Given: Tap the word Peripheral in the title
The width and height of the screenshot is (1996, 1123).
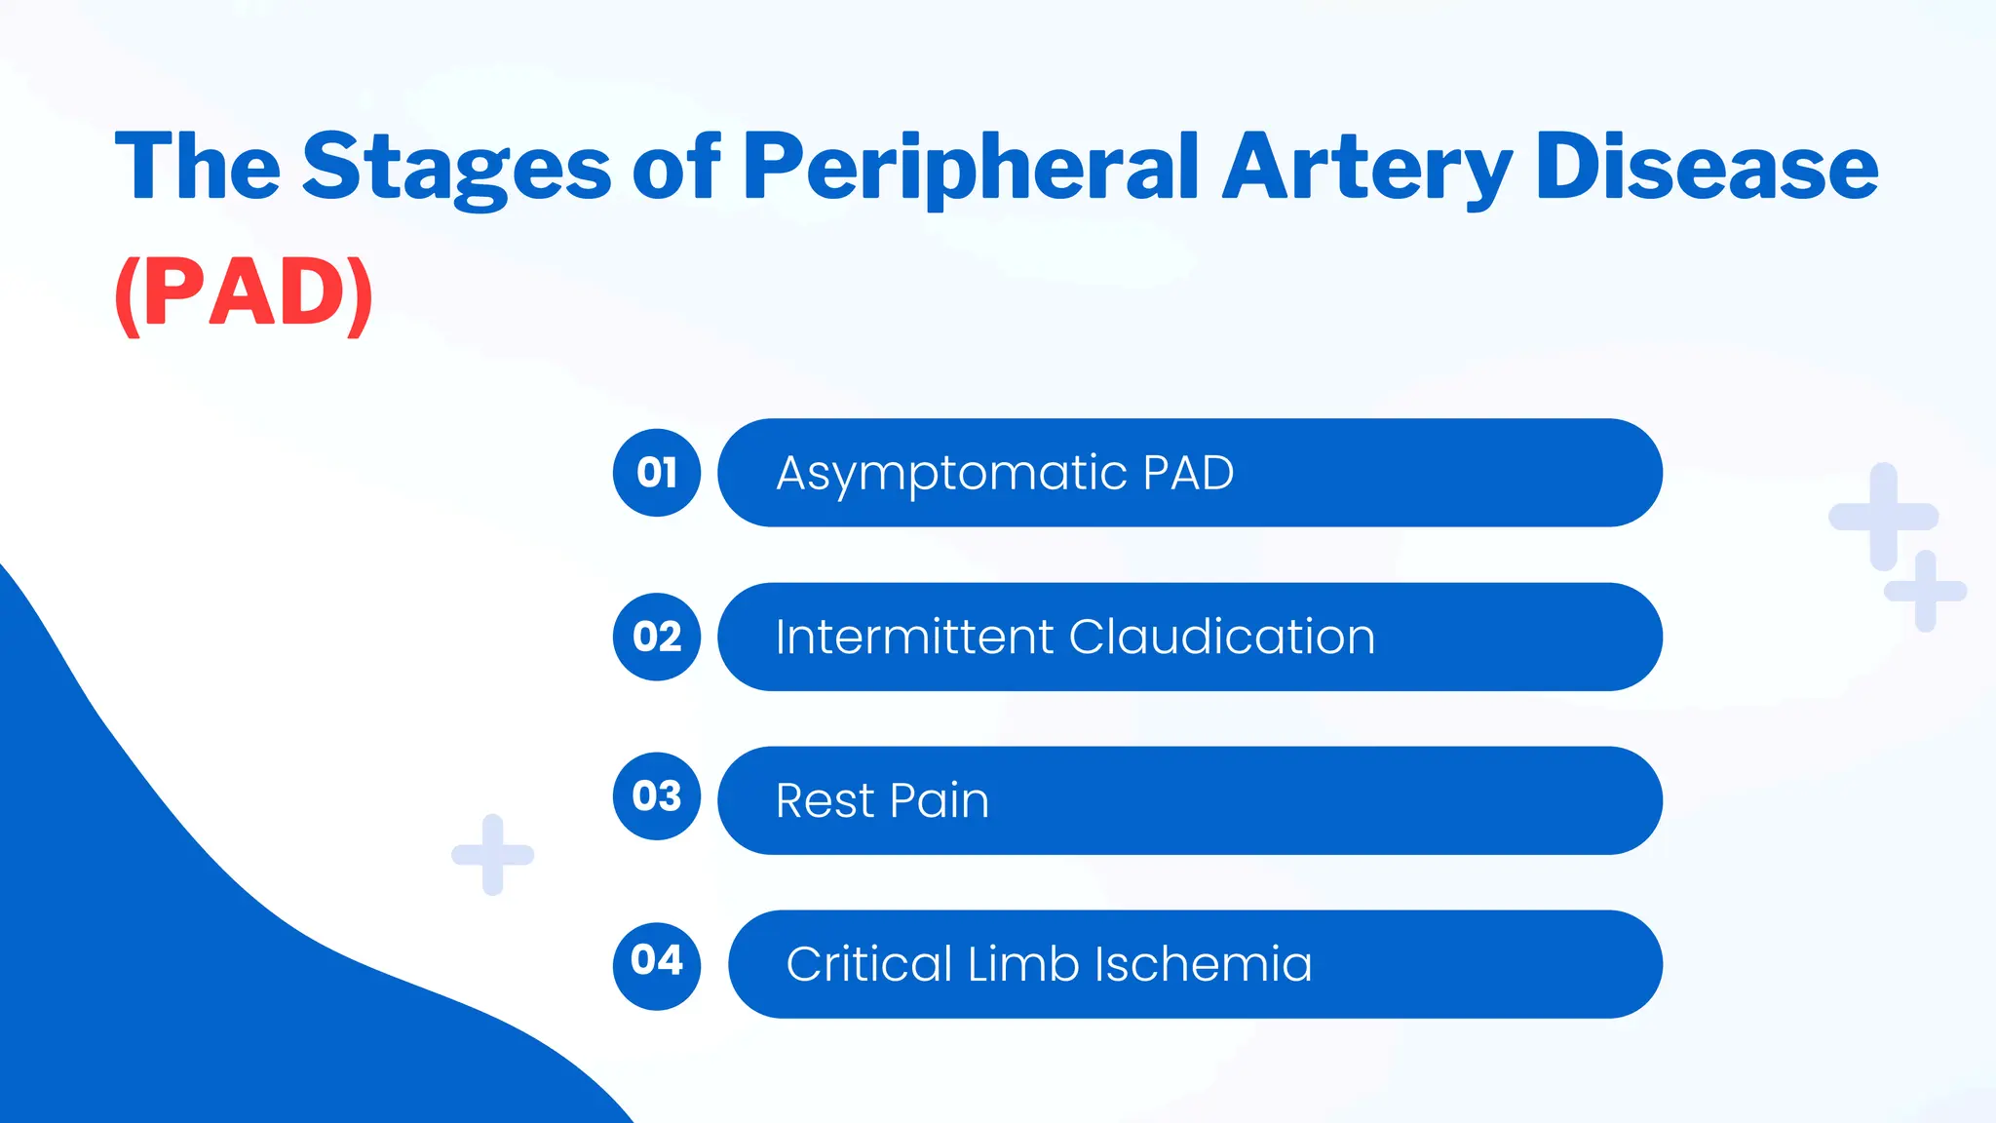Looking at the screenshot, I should (x=971, y=168).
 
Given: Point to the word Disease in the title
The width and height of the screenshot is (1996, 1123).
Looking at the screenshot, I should (x=1706, y=168).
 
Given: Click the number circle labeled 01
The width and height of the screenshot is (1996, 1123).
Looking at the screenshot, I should (x=657, y=473).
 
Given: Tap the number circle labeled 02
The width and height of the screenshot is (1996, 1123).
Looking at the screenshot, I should (x=657, y=637).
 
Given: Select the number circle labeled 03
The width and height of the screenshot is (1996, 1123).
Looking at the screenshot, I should (x=657, y=796).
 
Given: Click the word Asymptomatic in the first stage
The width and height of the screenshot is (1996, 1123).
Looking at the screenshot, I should (x=951, y=475).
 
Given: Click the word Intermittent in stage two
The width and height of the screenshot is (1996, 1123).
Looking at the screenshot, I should (x=914, y=638).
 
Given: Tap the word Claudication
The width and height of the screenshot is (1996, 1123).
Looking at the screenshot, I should (x=1222, y=638).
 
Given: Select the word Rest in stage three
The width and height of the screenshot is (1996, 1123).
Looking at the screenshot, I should (x=825, y=801).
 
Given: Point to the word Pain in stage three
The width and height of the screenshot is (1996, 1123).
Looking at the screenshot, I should (x=939, y=801).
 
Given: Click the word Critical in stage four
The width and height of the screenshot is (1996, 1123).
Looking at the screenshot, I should (x=868, y=964).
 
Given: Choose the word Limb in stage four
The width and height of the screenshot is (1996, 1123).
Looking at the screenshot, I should (x=1023, y=964).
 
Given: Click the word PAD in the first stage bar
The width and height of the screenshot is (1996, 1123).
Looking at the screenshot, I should (x=1188, y=474).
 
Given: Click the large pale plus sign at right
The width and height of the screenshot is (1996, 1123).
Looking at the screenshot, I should (x=1883, y=517).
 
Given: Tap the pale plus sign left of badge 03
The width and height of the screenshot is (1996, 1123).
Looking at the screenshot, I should (x=493, y=855).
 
